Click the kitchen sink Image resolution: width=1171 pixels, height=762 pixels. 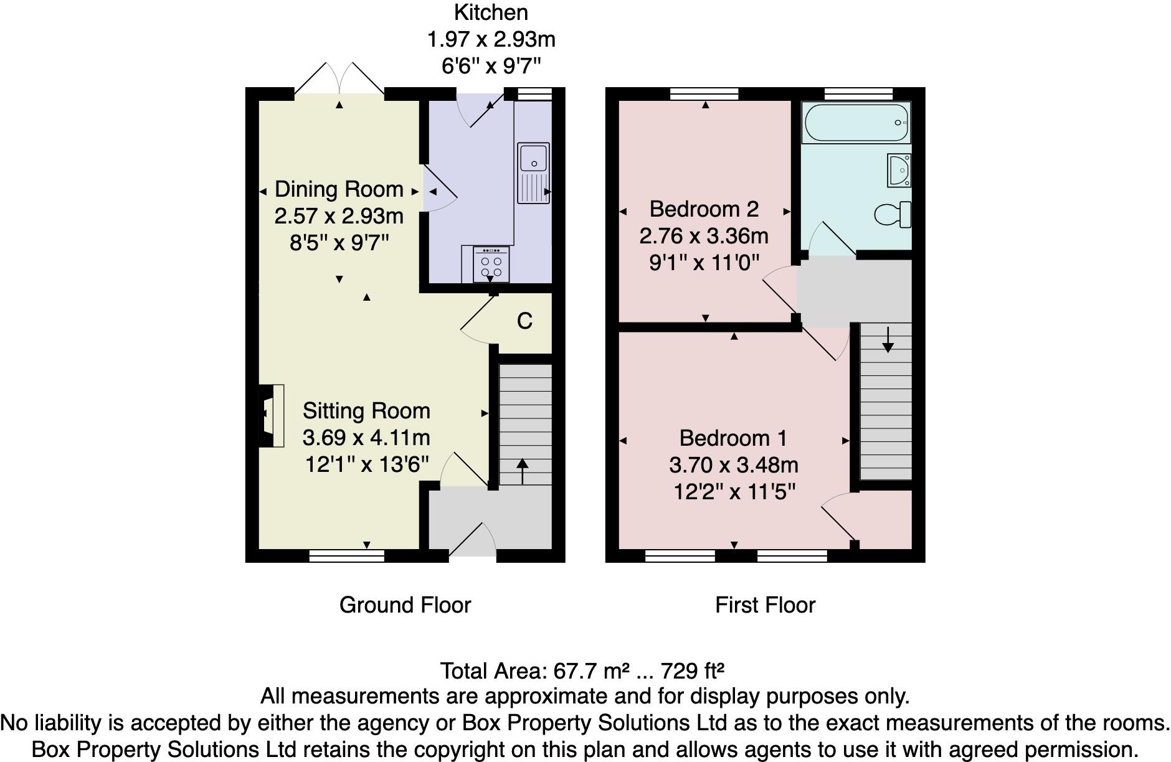pos(533,173)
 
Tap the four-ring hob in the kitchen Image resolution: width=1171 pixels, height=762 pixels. pos(491,265)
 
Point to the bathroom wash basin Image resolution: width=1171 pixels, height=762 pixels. pos(899,170)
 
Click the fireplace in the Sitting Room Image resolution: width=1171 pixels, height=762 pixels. pos(270,416)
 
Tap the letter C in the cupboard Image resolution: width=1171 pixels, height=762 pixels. pos(524,321)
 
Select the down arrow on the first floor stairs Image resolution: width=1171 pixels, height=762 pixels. pos(888,339)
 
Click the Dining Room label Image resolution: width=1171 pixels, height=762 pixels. pos(339,189)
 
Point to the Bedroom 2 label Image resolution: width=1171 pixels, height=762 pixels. pos(704,209)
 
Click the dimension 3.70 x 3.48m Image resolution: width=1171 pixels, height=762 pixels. pos(733,465)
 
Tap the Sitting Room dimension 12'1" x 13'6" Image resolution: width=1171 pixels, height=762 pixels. pos(366,464)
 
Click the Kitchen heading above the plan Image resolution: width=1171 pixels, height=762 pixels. pos(491,12)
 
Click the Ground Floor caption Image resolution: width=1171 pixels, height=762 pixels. pos(405,605)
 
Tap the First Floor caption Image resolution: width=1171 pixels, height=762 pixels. pos(765,605)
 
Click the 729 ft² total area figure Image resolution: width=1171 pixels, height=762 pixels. pos(691,671)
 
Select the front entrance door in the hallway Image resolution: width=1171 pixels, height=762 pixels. pos(472,542)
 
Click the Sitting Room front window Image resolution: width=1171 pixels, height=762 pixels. pos(347,555)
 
